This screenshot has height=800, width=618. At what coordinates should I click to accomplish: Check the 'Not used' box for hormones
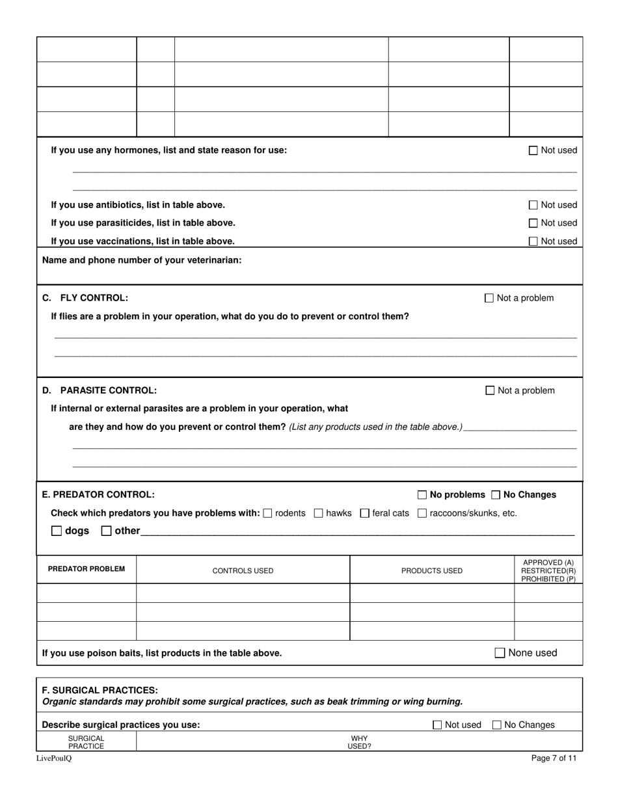(533, 150)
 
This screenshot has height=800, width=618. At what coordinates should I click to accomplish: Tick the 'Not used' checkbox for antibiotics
(533, 205)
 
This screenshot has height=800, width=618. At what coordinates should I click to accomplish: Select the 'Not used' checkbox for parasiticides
(533, 223)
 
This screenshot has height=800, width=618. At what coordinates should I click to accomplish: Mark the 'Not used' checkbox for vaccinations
(533, 241)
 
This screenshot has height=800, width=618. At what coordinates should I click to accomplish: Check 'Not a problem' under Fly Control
(489, 298)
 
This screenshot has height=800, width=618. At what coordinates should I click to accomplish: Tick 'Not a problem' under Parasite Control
(490, 390)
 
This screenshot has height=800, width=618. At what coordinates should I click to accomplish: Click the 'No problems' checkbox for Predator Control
(422, 494)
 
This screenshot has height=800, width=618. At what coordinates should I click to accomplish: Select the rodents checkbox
(268, 513)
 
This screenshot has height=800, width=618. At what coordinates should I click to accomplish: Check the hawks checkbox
(318, 513)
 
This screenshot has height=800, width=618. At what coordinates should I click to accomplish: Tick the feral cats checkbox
(364, 513)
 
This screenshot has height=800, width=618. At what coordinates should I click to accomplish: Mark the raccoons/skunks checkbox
(422, 513)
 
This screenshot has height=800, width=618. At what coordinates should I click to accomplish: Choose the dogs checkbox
(57, 531)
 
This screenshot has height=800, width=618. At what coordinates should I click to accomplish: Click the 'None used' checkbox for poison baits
(500, 653)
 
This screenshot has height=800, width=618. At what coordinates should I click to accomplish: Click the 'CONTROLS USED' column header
(243, 571)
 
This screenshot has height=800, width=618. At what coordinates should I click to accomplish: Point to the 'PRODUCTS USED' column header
(432, 571)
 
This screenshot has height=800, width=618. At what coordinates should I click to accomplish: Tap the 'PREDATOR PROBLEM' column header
(87, 569)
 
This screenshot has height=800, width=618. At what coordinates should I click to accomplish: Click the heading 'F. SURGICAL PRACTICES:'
(100, 689)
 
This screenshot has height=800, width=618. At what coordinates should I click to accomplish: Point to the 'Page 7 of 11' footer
(554, 758)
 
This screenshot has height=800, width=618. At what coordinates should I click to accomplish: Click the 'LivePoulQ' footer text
(54, 758)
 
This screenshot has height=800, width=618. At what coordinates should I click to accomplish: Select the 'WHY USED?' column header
(359, 742)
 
